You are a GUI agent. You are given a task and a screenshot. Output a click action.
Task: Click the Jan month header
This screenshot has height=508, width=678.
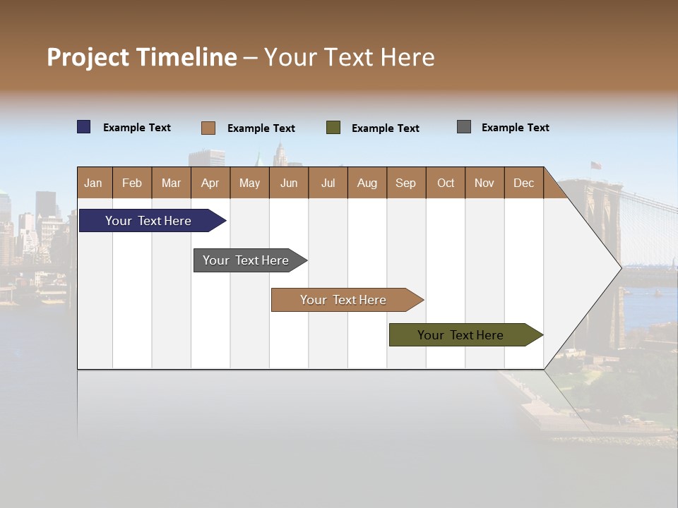(93, 183)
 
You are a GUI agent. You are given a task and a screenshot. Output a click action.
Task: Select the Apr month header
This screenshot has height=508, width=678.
(210, 183)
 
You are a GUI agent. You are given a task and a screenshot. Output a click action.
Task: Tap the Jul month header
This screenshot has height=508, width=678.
(328, 183)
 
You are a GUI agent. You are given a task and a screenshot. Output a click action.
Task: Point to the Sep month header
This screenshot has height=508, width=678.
(405, 183)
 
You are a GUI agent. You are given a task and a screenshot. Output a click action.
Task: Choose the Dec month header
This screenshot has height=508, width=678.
(523, 183)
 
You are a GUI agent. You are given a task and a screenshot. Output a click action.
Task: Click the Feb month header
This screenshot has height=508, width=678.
(132, 183)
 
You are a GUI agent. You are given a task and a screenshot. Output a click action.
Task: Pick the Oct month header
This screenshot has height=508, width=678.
(446, 183)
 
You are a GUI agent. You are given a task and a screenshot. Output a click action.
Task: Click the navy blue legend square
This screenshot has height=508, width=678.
(84, 127)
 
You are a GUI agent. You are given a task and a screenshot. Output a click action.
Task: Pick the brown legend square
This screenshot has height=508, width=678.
(208, 128)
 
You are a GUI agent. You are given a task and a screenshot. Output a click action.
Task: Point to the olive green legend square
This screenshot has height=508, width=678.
(333, 128)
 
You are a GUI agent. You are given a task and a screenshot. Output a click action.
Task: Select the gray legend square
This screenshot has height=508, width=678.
(464, 127)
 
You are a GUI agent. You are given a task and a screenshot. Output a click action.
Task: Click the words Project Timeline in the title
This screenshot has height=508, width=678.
(141, 57)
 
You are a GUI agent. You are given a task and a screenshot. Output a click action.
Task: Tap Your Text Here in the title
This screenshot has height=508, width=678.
(349, 57)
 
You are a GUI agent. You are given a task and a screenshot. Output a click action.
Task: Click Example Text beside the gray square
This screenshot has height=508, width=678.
(515, 128)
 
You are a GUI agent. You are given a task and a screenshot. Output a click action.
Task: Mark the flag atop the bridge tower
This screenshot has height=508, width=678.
(595, 166)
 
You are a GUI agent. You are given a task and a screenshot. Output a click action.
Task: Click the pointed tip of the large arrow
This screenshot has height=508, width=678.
(619, 267)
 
